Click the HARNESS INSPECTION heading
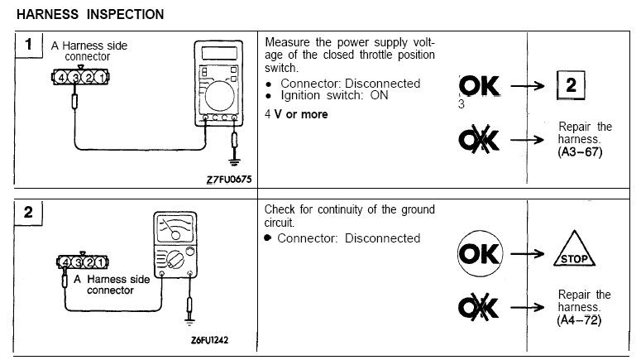(90, 14)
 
